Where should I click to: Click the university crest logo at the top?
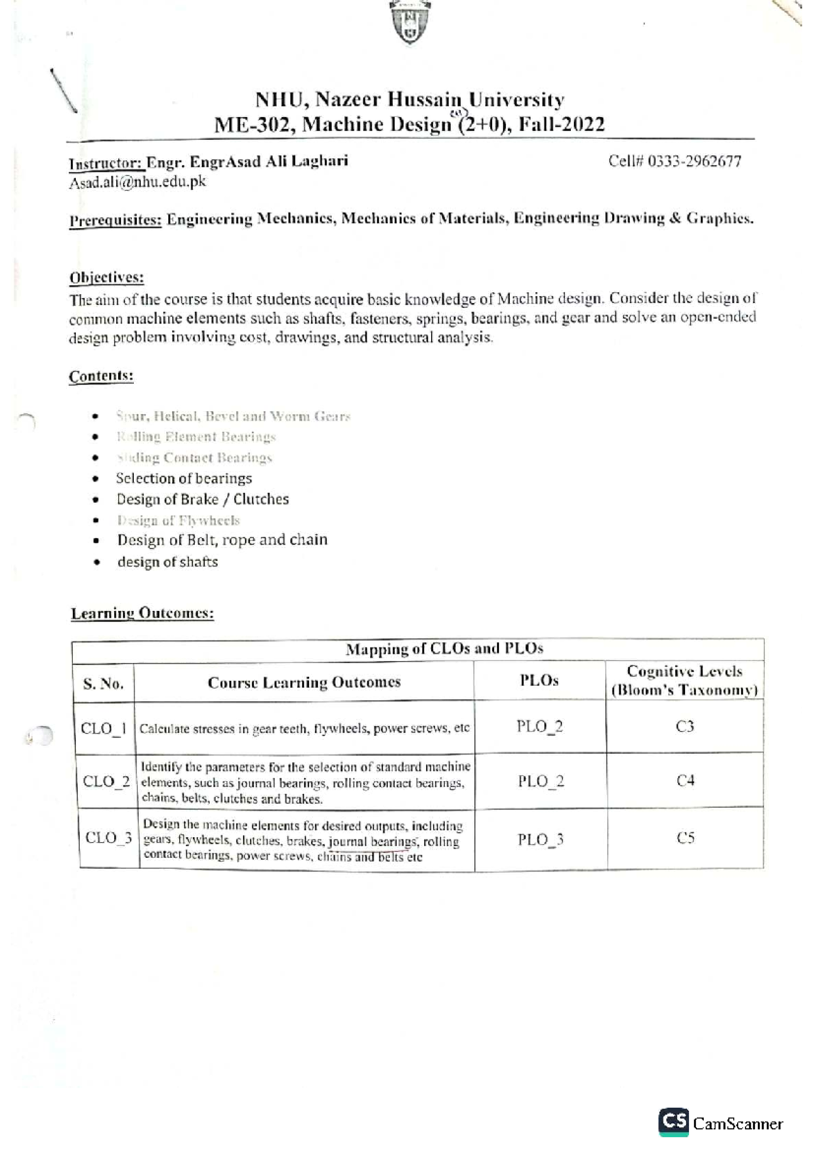411,22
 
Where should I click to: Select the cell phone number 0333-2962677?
694,162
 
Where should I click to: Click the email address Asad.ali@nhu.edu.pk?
138,182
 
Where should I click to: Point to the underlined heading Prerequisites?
115,220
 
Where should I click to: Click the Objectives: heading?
106,278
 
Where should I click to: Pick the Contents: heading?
101,376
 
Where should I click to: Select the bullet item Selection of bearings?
184,479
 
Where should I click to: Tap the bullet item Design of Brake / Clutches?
203,500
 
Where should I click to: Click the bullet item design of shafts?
167,562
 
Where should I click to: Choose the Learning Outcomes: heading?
142,614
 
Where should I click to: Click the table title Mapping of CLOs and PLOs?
444,649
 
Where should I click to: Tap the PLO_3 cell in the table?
541,840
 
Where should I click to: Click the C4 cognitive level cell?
685,781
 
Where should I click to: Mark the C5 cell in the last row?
686,838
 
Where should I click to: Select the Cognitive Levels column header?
684,681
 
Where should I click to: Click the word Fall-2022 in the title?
561,125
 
